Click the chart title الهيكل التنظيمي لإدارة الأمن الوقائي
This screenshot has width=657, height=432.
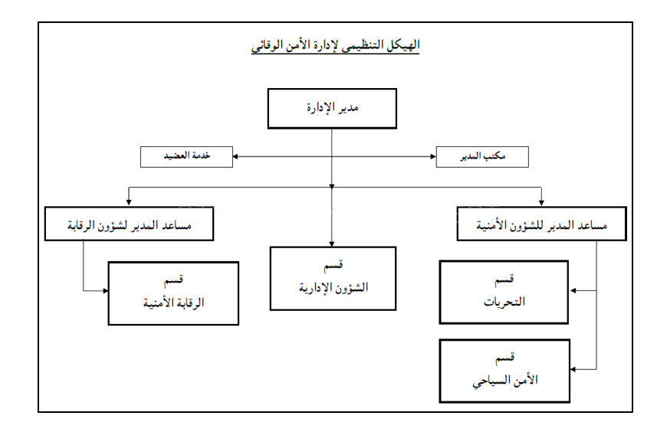tap(334, 45)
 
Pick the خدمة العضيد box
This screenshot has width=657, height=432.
tap(187, 157)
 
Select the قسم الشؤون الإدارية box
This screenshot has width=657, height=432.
tap(333, 278)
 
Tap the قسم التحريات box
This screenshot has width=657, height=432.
tap(503, 292)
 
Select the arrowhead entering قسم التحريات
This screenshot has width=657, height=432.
tap(572, 292)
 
